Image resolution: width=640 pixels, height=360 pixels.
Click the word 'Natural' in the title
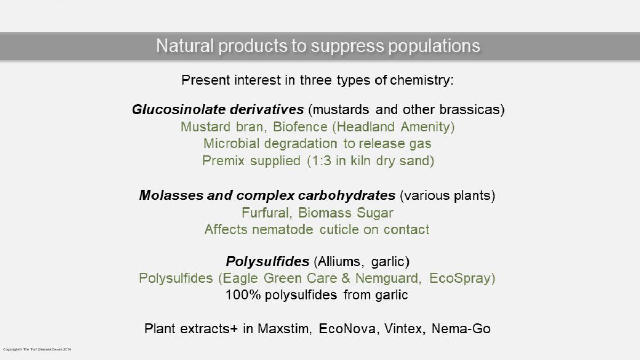[185, 46]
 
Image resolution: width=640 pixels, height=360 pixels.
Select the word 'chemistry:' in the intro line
[422, 81]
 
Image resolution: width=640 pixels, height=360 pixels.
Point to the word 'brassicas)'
[472, 110]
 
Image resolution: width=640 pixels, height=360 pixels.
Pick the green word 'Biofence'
[300, 127]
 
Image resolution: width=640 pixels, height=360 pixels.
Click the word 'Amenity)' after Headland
[428, 127]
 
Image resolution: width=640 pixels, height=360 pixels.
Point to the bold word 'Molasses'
[171, 195]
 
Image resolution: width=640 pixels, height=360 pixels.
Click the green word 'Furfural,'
[267, 213]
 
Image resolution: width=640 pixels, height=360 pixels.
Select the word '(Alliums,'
[339, 261]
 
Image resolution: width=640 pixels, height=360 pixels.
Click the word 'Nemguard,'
[388, 278]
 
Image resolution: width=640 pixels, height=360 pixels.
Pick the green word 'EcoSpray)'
[462, 278]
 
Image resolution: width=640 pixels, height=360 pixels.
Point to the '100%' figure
[243, 295]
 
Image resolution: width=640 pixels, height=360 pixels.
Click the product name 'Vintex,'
[405, 329]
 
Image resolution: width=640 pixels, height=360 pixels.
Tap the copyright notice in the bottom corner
[37, 349]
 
